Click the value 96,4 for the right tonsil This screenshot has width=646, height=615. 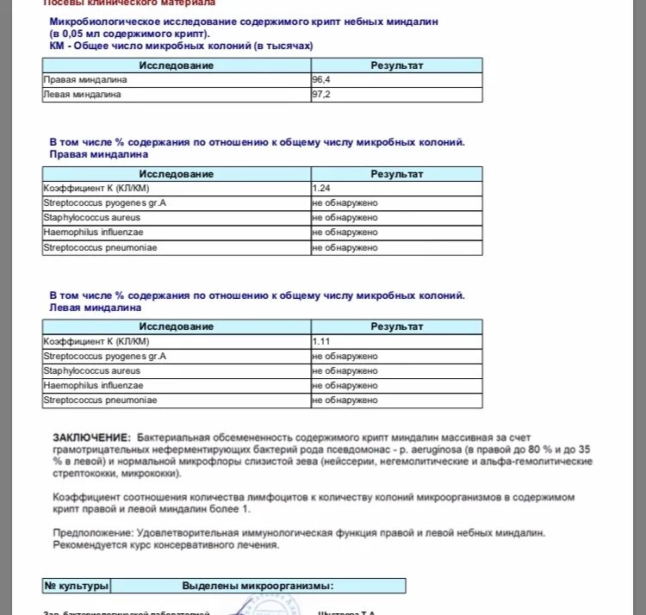[x=320, y=80]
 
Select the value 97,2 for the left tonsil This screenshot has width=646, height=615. [x=320, y=94]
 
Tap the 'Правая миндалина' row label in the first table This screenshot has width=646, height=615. [x=85, y=80]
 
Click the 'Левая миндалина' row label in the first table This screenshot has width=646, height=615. [x=82, y=94]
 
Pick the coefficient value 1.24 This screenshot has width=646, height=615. [x=322, y=188]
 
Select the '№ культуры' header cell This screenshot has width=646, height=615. [x=77, y=586]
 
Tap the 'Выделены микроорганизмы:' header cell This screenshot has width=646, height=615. [x=257, y=586]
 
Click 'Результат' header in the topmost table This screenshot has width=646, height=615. [x=396, y=65]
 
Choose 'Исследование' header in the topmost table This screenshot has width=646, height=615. [x=177, y=65]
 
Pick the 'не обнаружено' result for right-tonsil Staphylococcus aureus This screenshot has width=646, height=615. [x=345, y=217]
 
